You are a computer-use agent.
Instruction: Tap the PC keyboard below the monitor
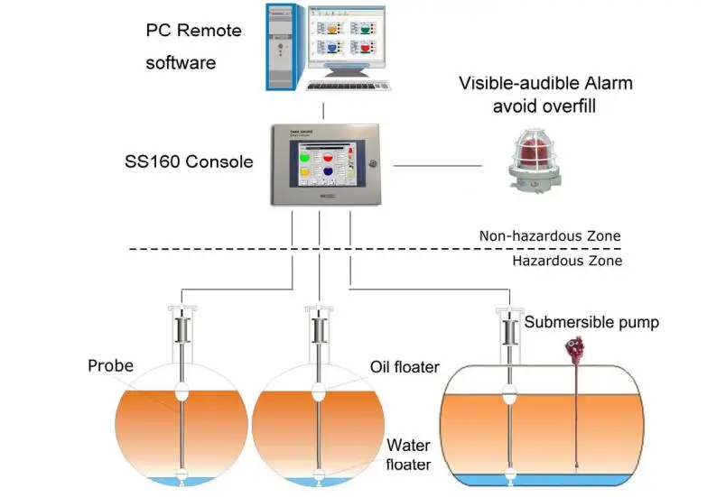(x=353, y=84)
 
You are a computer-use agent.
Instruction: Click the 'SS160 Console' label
(x=189, y=162)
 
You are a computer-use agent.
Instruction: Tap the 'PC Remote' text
(x=194, y=30)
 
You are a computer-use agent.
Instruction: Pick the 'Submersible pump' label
(x=591, y=322)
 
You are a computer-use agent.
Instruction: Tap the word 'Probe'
(x=111, y=365)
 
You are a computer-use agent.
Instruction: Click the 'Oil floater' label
(x=405, y=367)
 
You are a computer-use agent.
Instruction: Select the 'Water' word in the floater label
(x=408, y=445)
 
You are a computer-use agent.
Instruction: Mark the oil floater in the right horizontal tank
(x=511, y=394)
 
